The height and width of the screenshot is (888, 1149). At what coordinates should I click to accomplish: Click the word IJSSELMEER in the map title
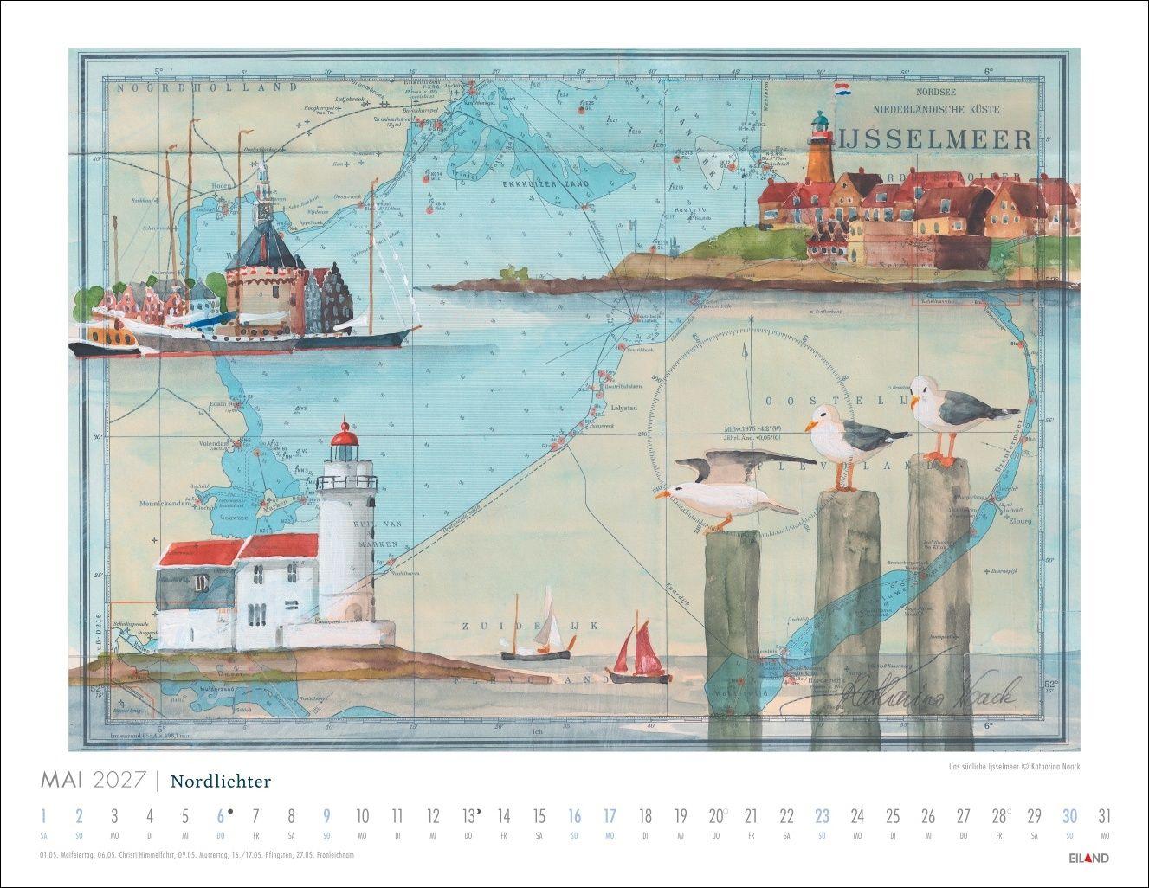tap(935, 139)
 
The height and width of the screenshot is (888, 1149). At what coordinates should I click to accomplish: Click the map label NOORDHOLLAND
tap(178, 87)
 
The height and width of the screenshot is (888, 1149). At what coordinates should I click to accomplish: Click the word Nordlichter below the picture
tap(221, 782)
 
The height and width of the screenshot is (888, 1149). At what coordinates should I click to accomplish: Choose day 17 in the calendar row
tap(610, 815)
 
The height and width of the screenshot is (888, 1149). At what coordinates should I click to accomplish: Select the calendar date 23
tap(822, 815)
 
